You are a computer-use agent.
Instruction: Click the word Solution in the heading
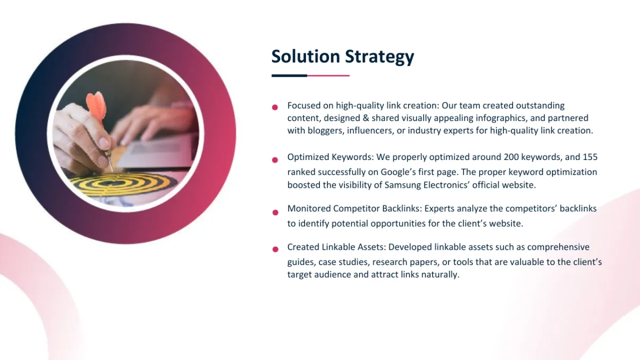click(x=306, y=56)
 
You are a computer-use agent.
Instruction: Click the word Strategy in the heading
click(x=379, y=57)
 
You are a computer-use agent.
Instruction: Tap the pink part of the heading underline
click(x=329, y=76)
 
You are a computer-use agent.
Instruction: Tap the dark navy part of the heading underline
click(x=289, y=76)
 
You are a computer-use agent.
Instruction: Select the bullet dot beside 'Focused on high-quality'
click(x=275, y=107)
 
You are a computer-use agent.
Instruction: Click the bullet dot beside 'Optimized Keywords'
click(x=275, y=160)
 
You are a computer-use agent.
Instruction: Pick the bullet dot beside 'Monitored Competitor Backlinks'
click(x=275, y=213)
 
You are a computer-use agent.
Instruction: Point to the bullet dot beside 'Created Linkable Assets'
click(x=275, y=250)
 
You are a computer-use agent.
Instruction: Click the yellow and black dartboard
click(x=122, y=185)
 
